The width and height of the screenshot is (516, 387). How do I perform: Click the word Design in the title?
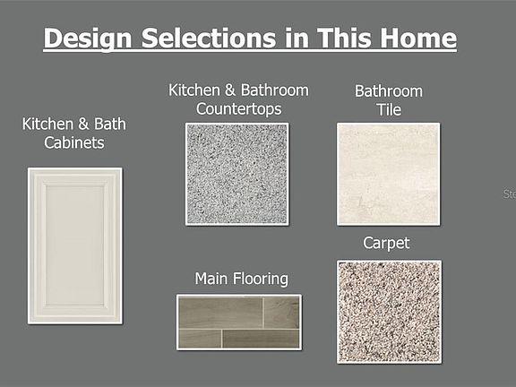click(88, 39)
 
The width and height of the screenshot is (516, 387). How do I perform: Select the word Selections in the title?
click(209, 39)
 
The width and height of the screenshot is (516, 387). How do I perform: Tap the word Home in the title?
click(418, 39)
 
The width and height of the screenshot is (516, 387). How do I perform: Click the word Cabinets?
click(74, 142)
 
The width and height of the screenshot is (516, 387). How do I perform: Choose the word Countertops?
click(238, 109)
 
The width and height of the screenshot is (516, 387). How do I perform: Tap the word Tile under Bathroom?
click(389, 109)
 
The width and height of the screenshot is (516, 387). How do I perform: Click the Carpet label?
click(386, 244)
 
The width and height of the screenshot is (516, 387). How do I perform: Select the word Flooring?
click(261, 279)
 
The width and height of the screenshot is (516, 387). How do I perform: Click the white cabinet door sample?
click(75, 245)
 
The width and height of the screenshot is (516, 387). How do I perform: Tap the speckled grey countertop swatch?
click(236, 174)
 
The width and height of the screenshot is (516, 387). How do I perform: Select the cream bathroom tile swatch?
click(388, 174)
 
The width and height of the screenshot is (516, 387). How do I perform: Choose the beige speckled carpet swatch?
click(389, 312)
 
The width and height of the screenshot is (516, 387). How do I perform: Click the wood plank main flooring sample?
click(239, 322)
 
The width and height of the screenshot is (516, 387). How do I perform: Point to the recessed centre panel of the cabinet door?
click(75, 245)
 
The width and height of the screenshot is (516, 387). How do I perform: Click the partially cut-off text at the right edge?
click(510, 193)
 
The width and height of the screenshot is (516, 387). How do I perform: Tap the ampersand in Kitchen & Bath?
click(83, 124)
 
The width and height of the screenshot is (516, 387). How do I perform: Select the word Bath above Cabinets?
click(110, 124)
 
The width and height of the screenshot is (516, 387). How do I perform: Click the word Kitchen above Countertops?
click(194, 90)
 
